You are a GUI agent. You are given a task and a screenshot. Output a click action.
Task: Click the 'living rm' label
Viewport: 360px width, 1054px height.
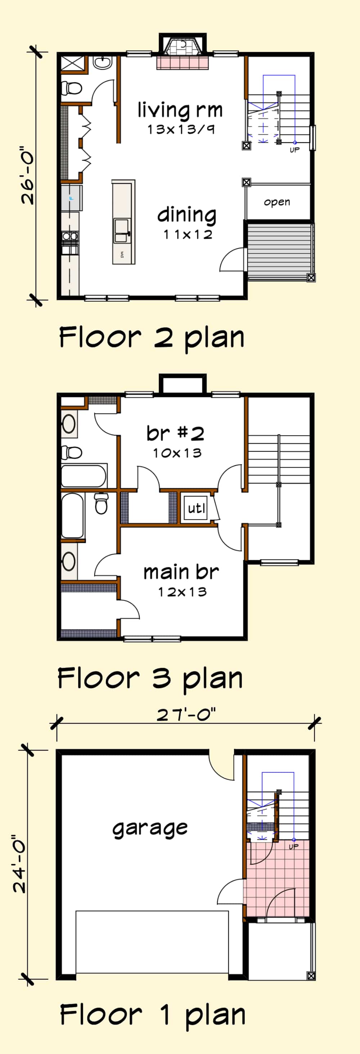click(x=180, y=110)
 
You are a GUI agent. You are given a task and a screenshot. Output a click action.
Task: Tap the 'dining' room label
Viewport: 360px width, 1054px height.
click(x=187, y=215)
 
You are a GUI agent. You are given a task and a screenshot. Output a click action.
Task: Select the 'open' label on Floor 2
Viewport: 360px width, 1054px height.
click(x=277, y=202)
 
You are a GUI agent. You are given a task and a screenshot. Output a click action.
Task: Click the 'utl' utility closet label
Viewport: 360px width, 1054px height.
click(x=196, y=508)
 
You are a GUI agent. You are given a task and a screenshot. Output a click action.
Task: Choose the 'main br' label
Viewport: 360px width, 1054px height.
click(x=181, y=572)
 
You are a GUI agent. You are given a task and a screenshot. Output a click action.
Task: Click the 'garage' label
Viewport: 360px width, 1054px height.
click(x=150, y=828)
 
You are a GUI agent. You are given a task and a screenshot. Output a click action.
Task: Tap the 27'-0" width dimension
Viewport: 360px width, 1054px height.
click(x=186, y=715)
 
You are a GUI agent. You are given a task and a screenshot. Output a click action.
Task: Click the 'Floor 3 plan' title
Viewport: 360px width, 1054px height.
click(x=150, y=678)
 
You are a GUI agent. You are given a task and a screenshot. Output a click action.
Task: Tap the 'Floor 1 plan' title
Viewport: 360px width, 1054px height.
click(x=153, y=1015)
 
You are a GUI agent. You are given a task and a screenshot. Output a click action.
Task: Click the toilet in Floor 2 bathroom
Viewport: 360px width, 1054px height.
click(x=72, y=87)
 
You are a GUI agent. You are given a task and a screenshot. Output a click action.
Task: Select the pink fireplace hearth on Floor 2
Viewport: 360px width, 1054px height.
click(x=183, y=63)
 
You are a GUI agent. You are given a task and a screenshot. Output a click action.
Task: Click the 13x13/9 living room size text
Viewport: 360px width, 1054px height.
click(x=181, y=130)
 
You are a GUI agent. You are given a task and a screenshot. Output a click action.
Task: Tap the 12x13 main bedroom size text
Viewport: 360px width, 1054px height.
click(x=183, y=592)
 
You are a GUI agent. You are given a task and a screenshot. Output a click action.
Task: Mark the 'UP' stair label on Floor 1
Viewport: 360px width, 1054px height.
click(x=294, y=846)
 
